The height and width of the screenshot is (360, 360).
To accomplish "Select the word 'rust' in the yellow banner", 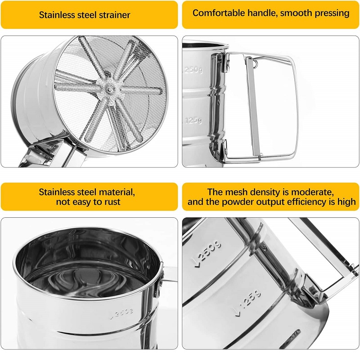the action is (x=112, y=202).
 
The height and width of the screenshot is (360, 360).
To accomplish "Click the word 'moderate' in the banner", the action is (x=312, y=192).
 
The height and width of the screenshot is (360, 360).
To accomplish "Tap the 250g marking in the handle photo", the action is (x=193, y=70).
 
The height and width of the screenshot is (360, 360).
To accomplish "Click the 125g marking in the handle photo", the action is (x=193, y=120).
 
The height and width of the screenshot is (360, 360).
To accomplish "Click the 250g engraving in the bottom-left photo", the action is (x=121, y=313).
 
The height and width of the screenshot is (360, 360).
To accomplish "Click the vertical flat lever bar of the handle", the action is (x=253, y=108).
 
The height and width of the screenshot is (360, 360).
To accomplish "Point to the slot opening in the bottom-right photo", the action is (x=290, y=339).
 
